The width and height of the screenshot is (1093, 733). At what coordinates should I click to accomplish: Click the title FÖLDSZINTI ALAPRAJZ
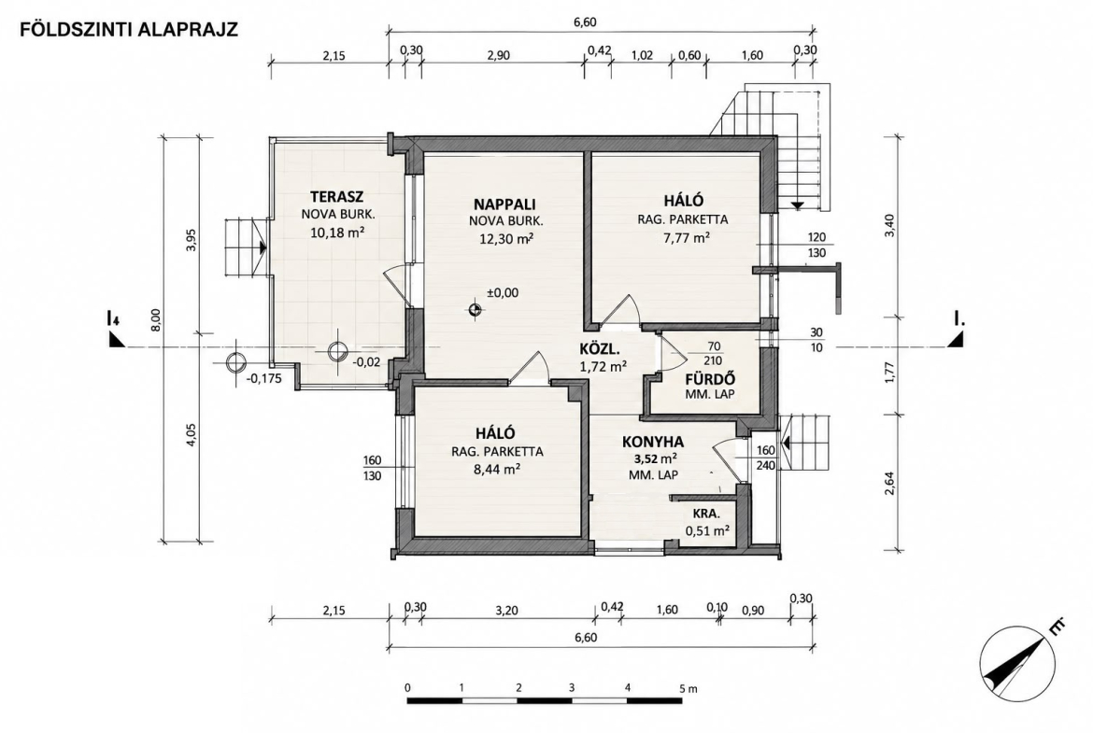pos(129,29)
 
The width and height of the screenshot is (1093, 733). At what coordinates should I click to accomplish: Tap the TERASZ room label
pos(337,196)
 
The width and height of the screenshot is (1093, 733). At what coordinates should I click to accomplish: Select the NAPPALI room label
pos(504,204)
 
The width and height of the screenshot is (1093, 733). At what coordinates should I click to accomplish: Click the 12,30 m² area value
pos(505,238)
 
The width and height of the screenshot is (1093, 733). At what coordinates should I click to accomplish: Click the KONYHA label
pos(653,442)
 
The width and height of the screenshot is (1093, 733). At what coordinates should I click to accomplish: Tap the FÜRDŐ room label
pos(710,380)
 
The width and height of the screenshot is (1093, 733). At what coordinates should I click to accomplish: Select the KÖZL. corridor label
pos(600,349)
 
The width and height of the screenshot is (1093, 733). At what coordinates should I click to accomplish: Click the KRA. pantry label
pos(706,515)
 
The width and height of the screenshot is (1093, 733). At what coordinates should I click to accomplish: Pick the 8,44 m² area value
pos(497,469)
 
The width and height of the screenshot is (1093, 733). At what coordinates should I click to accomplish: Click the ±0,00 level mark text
pos(502,292)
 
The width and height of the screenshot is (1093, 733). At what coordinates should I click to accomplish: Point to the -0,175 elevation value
pos(264,380)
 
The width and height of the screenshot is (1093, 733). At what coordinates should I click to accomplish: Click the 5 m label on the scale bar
pos(688,687)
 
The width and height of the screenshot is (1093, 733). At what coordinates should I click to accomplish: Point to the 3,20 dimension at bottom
pos(506,610)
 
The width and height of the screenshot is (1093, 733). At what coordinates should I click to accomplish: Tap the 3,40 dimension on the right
pos(888,226)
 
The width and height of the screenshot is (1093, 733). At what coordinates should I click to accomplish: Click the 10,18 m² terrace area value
pos(338,232)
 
